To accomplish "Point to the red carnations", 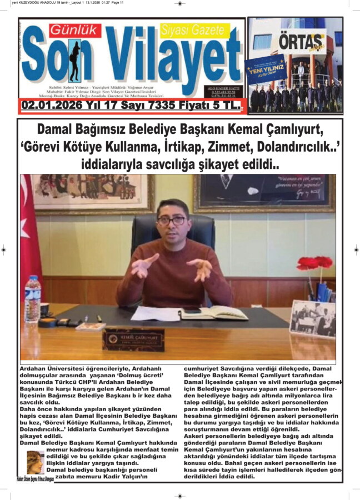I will (x=315, y=263).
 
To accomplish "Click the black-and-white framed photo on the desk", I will (x=313, y=319).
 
